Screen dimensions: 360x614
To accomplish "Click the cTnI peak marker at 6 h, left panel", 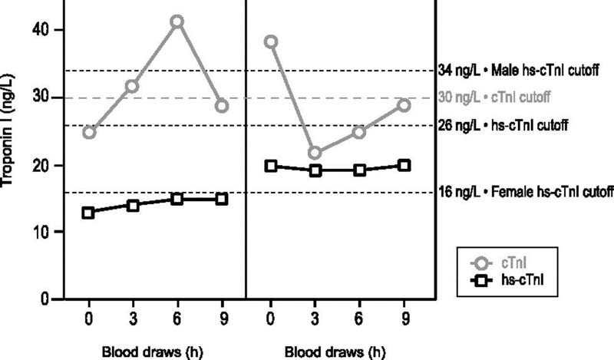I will (177, 21).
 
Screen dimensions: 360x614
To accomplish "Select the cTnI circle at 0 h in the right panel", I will (271, 41).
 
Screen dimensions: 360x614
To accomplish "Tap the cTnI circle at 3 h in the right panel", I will (315, 153).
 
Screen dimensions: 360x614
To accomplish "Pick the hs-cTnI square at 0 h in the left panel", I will (89, 213).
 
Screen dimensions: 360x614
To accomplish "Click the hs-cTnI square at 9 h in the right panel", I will (404, 165).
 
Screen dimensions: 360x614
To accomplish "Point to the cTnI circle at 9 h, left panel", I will (222, 106).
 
